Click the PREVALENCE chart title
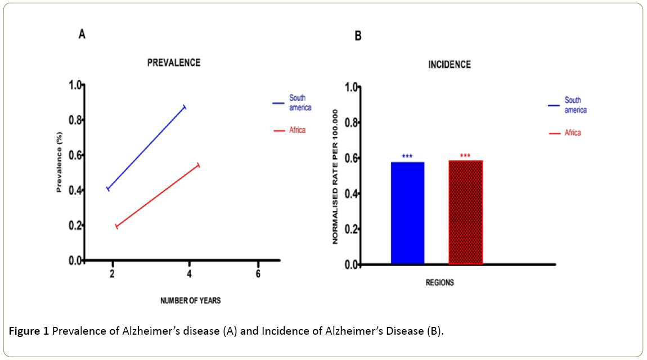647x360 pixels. click(x=173, y=63)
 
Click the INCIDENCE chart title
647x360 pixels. click(x=449, y=65)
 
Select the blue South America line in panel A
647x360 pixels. click(x=146, y=147)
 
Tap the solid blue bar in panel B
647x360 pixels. click(x=407, y=213)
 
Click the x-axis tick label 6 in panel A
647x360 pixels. click(x=258, y=274)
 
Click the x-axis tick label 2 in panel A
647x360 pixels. click(x=113, y=274)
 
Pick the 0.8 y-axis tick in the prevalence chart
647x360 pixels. click(x=74, y=120)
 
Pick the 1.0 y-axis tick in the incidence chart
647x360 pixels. click(x=352, y=87)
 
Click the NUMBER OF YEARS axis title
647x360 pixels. click(x=190, y=300)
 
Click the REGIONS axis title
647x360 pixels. click(x=439, y=283)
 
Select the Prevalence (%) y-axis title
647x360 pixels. click(x=59, y=163)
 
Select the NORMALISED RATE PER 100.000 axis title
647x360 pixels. click(x=335, y=176)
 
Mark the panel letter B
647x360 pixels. click(x=358, y=37)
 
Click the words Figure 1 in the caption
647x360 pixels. click(x=29, y=330)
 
